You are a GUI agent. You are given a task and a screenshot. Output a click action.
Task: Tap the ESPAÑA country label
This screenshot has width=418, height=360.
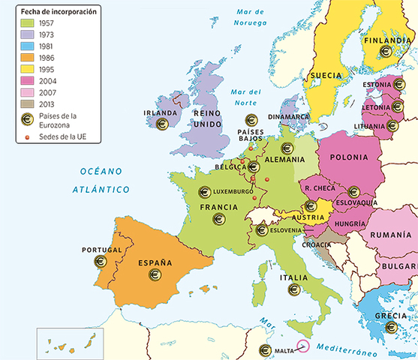click(x=155, y=263)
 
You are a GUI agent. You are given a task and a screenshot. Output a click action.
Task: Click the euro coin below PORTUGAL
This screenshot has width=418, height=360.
click(x=101, y=262)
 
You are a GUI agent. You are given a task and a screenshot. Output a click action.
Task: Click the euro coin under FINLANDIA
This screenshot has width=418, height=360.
click(x=386, y=52)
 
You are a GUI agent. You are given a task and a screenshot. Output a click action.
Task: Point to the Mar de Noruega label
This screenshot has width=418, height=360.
click(x=251, y=16)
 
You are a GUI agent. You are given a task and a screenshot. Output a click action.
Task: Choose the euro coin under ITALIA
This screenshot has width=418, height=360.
click(x=293, y=289)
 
